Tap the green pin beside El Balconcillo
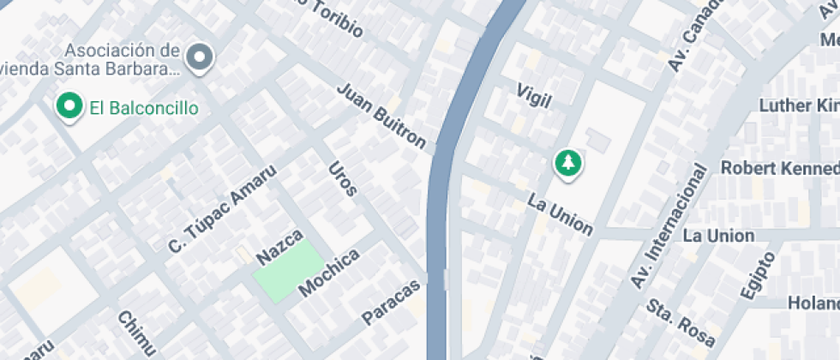69,106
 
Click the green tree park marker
567,162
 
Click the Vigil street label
533,94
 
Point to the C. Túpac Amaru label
223,209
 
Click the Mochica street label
328,273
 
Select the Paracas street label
392,301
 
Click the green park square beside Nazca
288,270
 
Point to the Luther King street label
799,105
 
